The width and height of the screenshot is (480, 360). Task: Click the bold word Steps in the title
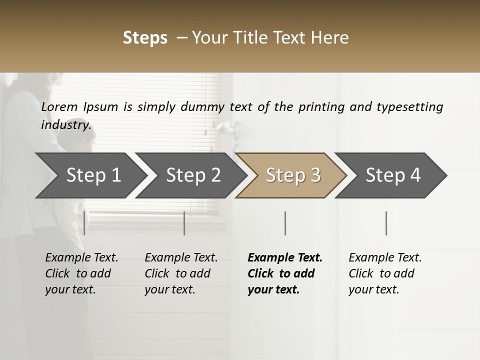tap(145, 38)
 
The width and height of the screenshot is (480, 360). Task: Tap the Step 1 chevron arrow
tap(90, 175)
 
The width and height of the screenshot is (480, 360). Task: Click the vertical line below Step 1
tap(84, 223)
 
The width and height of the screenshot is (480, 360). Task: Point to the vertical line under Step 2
tap(184, 223)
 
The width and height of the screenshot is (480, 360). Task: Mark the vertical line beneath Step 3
tap(285, 223)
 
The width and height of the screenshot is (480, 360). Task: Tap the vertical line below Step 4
tap(386, 223)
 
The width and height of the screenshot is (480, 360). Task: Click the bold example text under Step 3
tap(284, 273)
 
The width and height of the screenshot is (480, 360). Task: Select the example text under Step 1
tap(81, 273)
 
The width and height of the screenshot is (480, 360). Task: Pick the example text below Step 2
tap(181, 273)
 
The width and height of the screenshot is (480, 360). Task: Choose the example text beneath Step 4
tap(385, 273)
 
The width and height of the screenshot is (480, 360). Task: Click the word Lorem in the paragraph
tap(59, 106)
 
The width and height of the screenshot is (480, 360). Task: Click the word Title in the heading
tap(262, 38)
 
